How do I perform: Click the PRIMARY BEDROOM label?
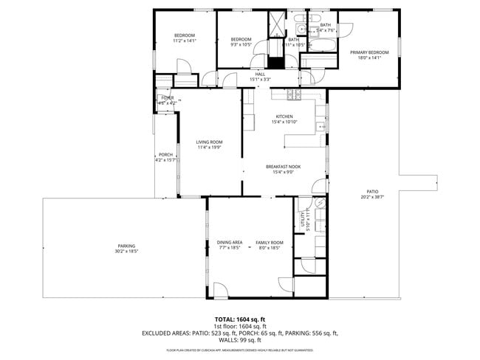pyautogui.click(x=369, y=52)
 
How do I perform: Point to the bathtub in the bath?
pyautogui.click(x=322, y=46)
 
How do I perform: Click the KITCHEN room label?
pyautogui.click(x=284, y=117)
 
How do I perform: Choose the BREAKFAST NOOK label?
pyautogui.click(x=284, y=167)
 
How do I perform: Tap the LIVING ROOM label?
pyautogui.click(x=209, y=142)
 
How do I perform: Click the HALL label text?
pyautogui.click(x=260, y=74)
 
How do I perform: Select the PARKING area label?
pyautogui.click(x=126, y=246)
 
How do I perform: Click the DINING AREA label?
pyautogui.click(x=230, y=242)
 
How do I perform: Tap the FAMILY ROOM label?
pyautogui.click(x=270, y=242)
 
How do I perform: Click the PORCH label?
pyautogui.click(x=165, y=154)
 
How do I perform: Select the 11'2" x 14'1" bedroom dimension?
pyautogui.click(x=184, y=41)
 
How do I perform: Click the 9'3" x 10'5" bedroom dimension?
pyautogui.click(x=241, y=44)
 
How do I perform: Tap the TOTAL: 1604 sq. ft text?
pyautogui.click(x=239, y=319)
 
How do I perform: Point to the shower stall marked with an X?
pyautogui.click(x=276, y=24)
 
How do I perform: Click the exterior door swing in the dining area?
pyautogui.click(x=221, y=289)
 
